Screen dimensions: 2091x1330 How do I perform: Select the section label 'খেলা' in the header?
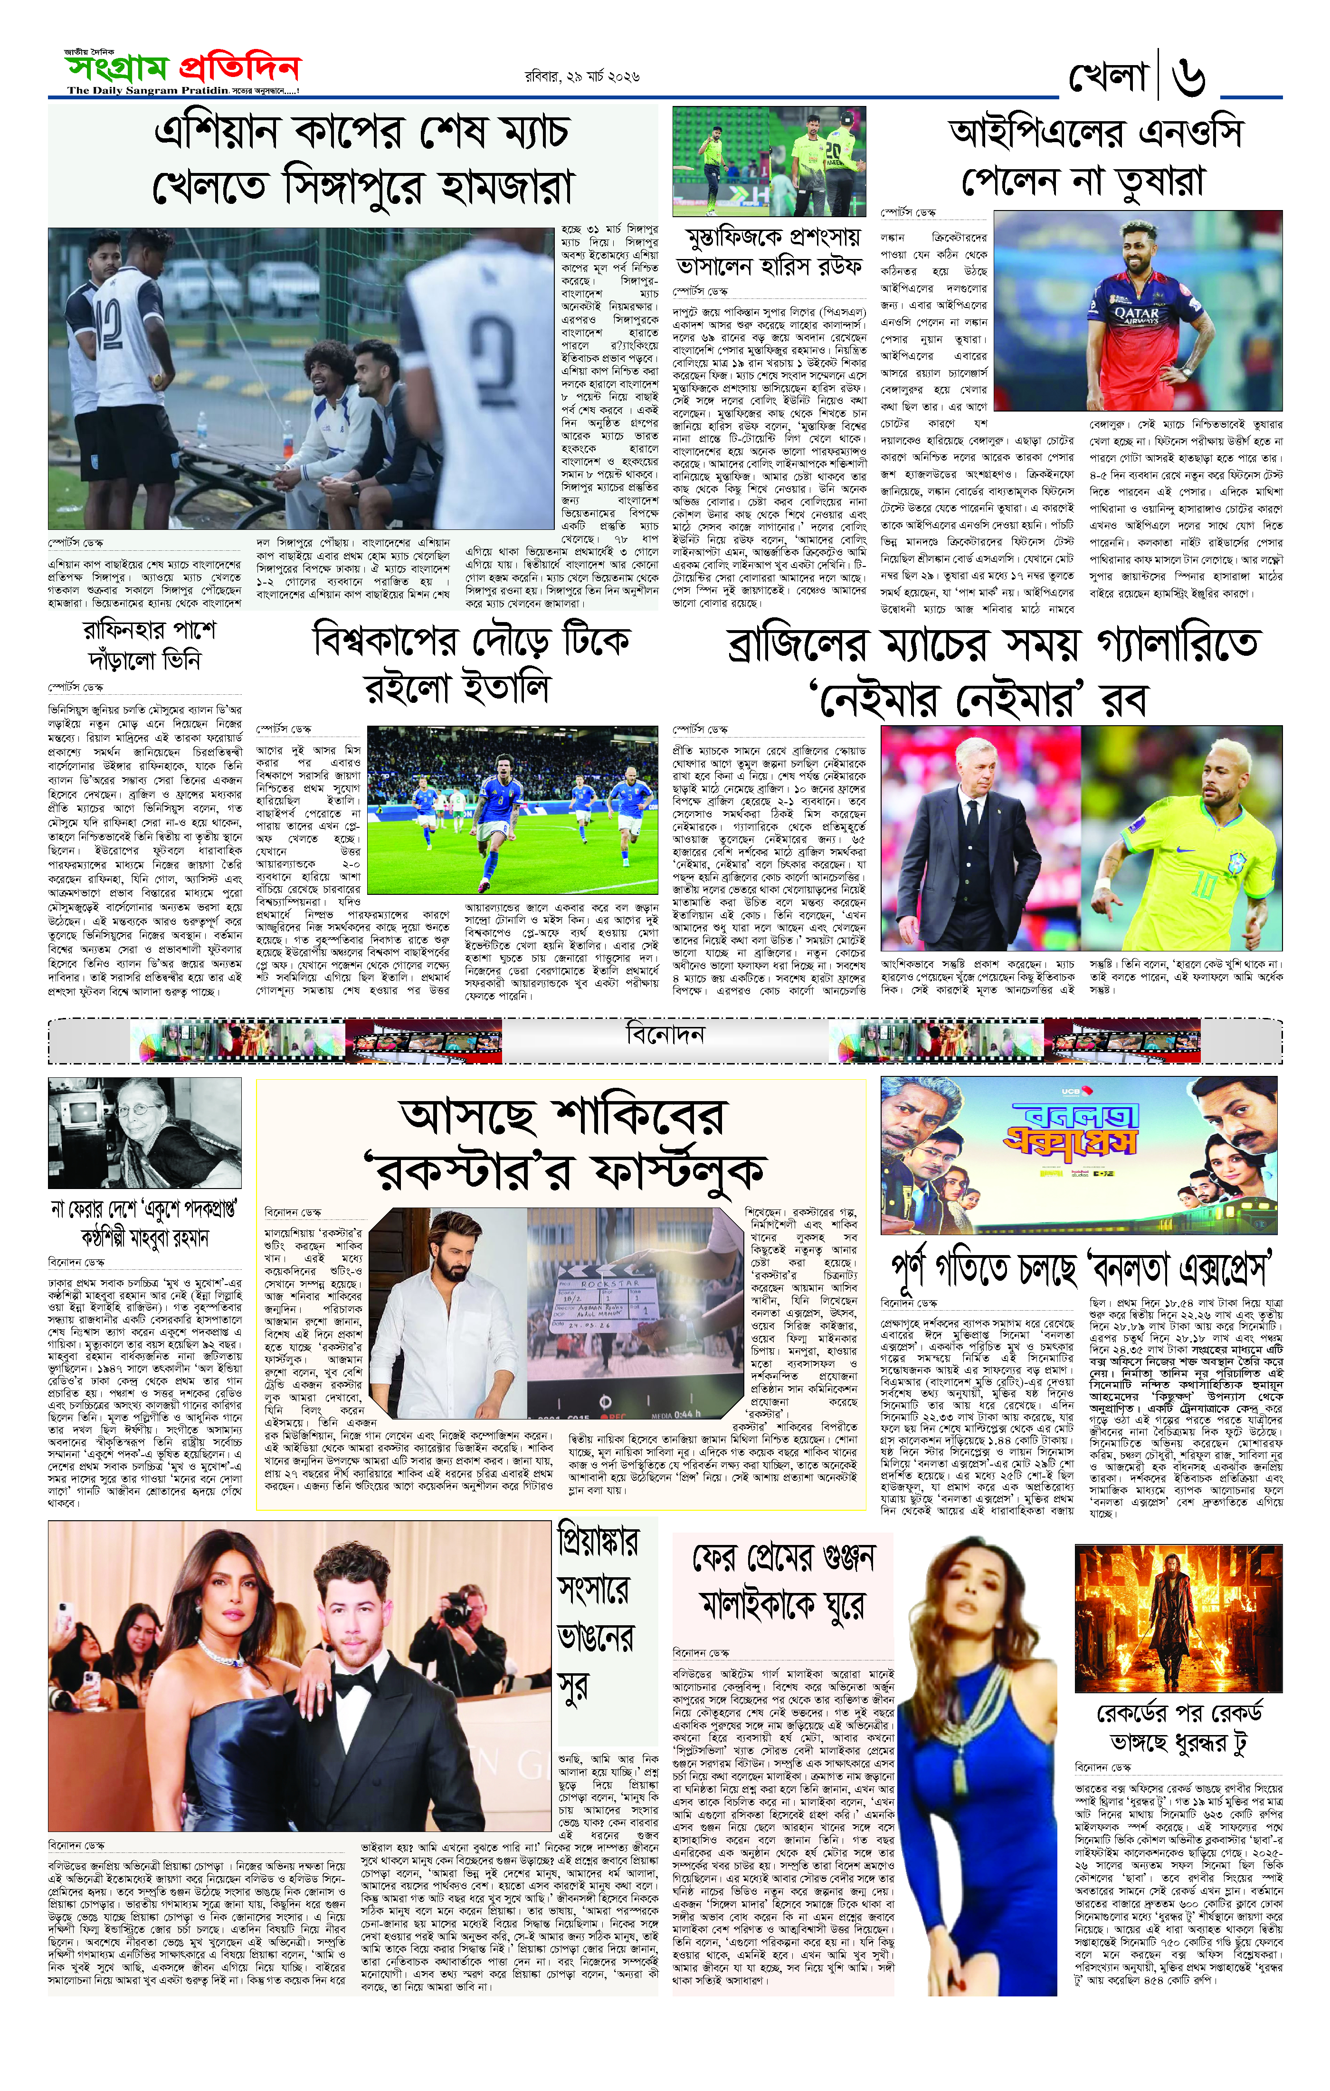pyautogui.click(x=1109, y=77)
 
